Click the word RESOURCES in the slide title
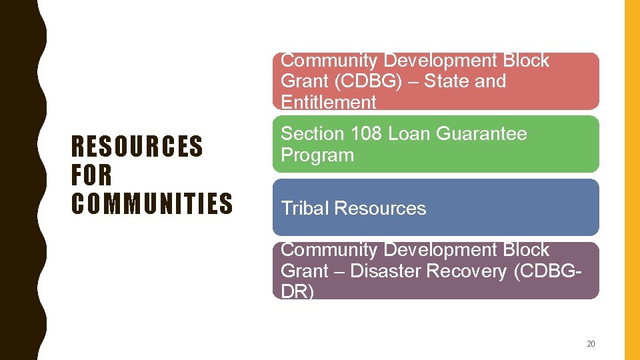[x=137, y=146]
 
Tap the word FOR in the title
[x=92, y=175]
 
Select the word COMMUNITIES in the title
[x=152, y=203]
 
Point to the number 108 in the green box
[x=363, y=134]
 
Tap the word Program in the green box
[x=317, y=155]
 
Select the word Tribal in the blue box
[x=305, y=208]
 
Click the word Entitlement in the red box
[x=329, y=102]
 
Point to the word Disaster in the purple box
[x=384, y=271]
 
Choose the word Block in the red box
[x=526, y=61]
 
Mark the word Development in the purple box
[x=441, y=250]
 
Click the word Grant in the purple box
[x=304, y=271]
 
